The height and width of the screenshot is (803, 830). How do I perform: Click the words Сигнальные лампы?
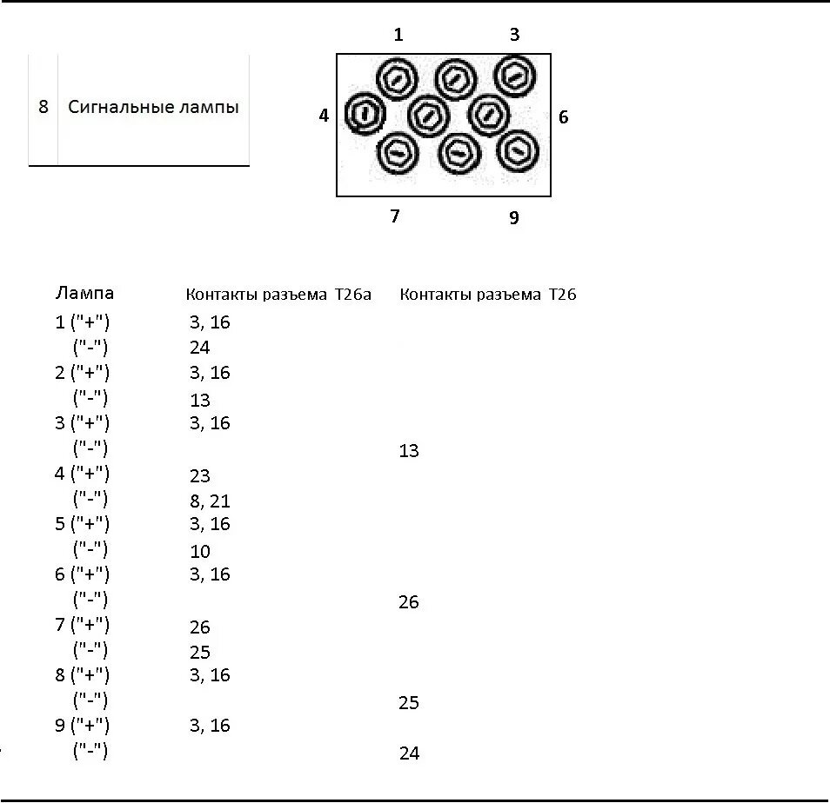[x=153, y=108]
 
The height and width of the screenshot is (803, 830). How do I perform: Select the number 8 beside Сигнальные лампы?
[x=44, y=108]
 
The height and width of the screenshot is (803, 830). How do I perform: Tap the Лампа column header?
[x=84, y=293]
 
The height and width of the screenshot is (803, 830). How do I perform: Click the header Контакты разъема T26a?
[x=278, y=295]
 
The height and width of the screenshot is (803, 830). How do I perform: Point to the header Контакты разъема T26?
[x=488, y=295]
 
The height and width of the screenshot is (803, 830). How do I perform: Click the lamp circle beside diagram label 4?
[x=365, y=114]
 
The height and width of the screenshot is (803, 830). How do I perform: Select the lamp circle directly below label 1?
[x=398, y=79]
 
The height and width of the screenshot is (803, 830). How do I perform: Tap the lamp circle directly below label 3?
[x=515, y=76]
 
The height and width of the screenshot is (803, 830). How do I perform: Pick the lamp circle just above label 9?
[x=518, y=151]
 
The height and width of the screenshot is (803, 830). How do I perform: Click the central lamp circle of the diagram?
[x=428, y=114]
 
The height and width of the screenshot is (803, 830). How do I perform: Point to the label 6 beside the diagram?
[x=563, y=116]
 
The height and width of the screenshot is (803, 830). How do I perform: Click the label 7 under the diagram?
[x=395, y=216]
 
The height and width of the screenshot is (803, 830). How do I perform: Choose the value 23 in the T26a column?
[x=200, y=476]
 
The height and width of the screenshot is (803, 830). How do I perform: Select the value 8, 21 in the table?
[x=210, y=501]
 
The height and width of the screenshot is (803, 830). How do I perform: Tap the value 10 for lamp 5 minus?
[x=200, y=551]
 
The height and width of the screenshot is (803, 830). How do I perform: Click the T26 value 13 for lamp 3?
[x=409, y=450]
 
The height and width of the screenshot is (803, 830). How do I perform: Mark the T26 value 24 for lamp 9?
[x=409, y=753]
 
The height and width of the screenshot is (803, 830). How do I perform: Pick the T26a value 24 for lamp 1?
[x=200, y=348]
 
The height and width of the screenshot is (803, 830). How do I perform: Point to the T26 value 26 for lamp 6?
[x=409, y=602]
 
